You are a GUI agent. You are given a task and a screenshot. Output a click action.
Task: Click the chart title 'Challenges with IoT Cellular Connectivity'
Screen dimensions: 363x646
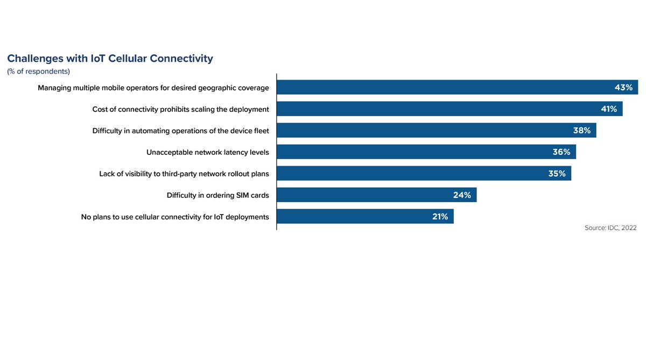click(x=110, y=59)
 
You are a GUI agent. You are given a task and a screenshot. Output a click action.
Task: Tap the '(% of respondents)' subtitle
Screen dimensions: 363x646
click(x=38, y=72)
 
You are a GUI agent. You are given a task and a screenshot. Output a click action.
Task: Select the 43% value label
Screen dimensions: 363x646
click(x=623, y=88)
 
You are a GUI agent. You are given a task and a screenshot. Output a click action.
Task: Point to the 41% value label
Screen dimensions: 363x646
click(x=609, y=109)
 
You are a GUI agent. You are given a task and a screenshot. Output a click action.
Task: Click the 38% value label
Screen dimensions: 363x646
click(x=581, y=131)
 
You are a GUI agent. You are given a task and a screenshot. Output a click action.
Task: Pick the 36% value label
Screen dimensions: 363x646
click(x=561, y=152)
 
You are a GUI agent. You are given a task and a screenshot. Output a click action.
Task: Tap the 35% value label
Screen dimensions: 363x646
click(x=557, y=174)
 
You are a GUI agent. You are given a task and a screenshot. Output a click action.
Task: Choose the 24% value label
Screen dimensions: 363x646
click(x=462, y=195)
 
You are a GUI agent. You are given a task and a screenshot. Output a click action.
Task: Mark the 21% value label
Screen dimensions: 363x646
click(x=440, y=217)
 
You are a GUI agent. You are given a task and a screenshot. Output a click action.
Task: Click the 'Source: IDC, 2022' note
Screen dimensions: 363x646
click(x=610, y=228)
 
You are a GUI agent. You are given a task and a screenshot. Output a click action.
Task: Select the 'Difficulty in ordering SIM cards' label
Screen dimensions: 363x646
click(x=217, y=195)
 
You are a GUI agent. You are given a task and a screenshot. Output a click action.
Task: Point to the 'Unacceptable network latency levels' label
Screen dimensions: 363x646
click(x=207, y=152)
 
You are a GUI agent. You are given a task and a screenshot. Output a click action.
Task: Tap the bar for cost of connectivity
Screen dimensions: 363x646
click(x=431, y=109)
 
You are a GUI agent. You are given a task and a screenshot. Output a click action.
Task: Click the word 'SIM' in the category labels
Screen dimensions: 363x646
click(x=243, y=195)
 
